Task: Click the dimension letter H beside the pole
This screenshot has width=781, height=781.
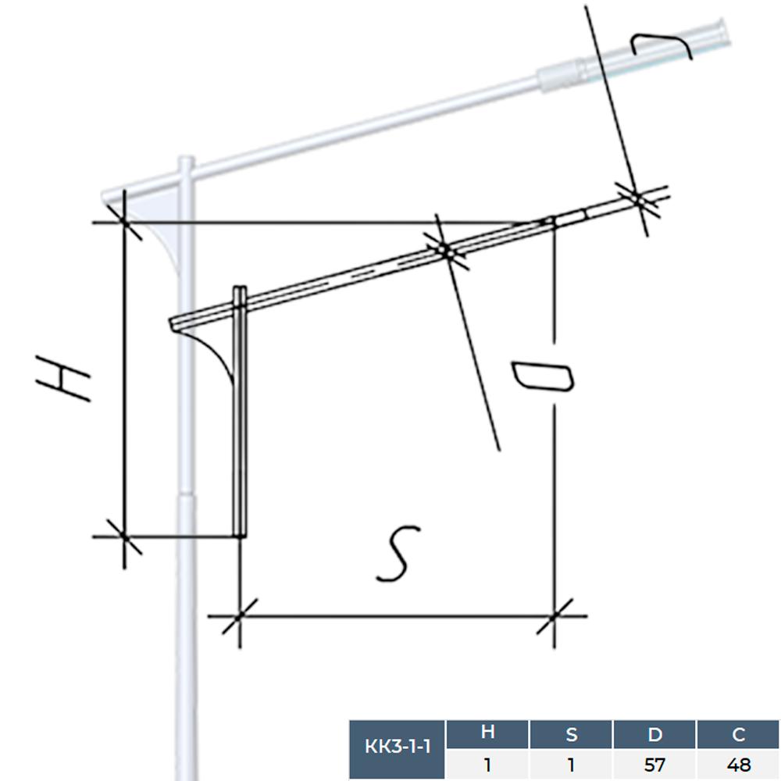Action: [62, 377]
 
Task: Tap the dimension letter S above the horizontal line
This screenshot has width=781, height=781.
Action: [398, 553]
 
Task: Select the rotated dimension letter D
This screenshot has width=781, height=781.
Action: [543, 377]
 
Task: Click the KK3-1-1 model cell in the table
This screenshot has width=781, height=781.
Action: [398, 747]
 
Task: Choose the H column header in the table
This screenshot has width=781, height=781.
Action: [487, 733]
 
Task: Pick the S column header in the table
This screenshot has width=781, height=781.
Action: [572, 734]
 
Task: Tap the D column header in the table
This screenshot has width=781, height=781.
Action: [654, 734]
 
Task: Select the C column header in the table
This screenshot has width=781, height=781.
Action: [738, 734]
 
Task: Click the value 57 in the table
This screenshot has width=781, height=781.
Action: [654, 765]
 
